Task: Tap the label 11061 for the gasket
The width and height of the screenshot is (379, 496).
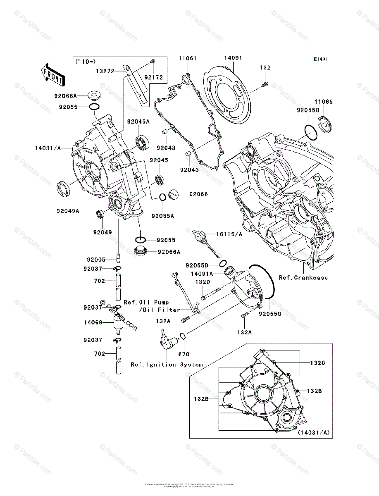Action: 187,58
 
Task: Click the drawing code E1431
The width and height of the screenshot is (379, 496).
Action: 320,60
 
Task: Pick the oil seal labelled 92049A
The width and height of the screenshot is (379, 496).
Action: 63,188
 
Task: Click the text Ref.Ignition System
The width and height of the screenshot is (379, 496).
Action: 167,365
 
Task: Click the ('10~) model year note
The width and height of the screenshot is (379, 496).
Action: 84,62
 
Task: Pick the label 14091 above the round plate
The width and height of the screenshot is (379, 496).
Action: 233,58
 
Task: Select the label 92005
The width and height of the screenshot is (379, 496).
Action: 96,260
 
